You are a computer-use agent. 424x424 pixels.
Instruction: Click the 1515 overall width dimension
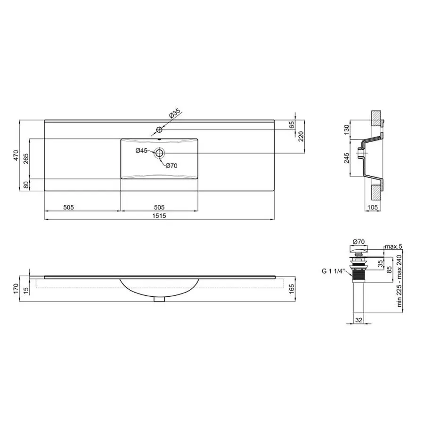click(x=159, y=216)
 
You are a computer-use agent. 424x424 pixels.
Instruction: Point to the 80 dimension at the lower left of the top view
click(x=25, y=185)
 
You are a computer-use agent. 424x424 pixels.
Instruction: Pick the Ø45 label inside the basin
click(x=141, y=151)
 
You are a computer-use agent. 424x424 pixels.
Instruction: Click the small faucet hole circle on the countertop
click(x=160, y=129)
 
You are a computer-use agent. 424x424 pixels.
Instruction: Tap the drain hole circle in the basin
click(x=159, y=153)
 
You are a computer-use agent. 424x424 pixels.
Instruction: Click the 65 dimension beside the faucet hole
click(x=292, y=125)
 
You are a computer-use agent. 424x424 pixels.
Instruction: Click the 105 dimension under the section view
click(x=373, y=207)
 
